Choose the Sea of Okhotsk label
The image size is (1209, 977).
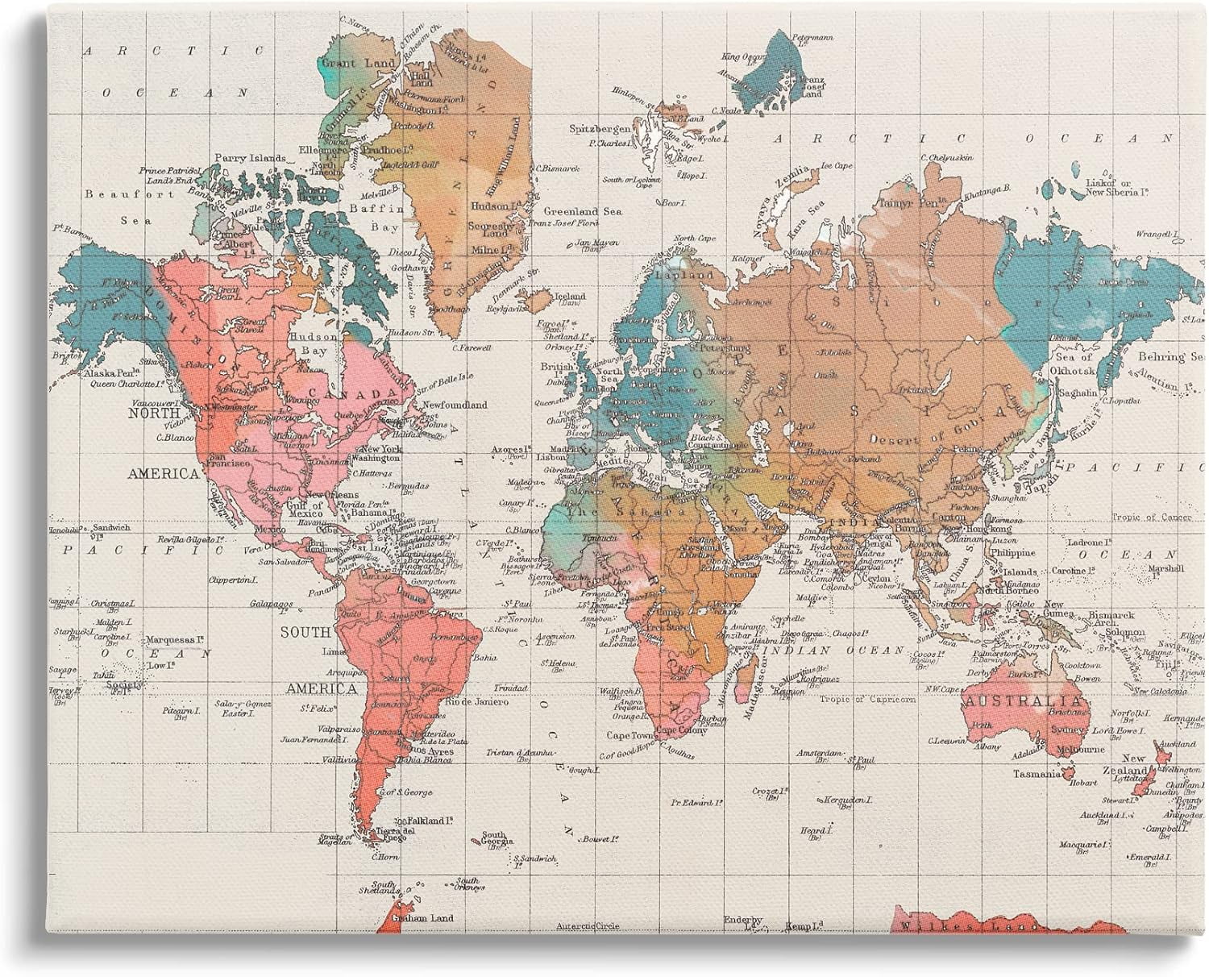pos(1074,363)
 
